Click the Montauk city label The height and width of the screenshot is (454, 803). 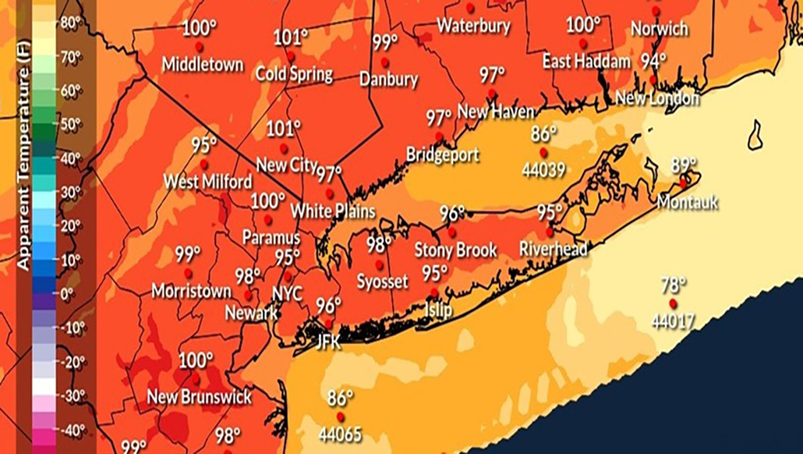click(687, 202)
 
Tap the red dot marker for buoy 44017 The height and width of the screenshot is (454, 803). click(672, 303)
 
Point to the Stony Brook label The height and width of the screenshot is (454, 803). click(455, 250)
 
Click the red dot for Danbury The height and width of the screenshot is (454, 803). click(384, 62)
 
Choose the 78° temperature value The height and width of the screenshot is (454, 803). click(674, 285)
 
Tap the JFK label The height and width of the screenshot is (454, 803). click(329, 339)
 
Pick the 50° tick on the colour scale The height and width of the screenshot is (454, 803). click(70, 123)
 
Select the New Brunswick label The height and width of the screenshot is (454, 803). click(200, 397)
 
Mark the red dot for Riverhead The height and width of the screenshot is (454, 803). click(550, 232)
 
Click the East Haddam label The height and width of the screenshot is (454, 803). click(576, 61)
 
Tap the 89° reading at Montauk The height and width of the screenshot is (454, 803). click(684, 165)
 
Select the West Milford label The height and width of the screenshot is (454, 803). click(207, 182)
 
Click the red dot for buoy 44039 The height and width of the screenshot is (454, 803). click(543, 151)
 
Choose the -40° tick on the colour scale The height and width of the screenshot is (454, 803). click(73, 428)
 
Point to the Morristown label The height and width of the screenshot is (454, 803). click(191, 291)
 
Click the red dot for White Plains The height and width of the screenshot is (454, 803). click(330, 193)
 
